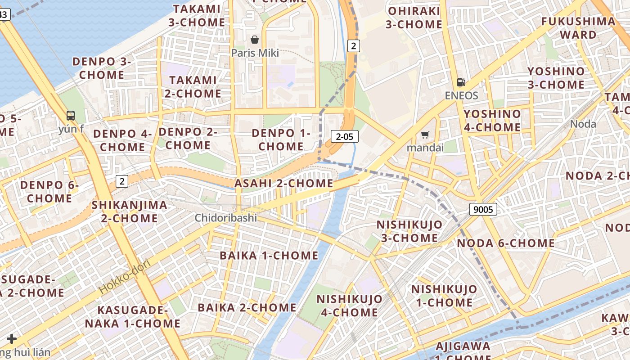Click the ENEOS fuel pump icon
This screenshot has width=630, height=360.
461,82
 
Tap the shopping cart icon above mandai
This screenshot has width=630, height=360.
425,135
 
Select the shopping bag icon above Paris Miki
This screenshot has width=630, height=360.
255,40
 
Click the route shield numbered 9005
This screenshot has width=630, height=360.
483,209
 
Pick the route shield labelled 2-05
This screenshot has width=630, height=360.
344,136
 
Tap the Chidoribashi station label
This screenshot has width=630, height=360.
225,218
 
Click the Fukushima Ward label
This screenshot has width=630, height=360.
578,28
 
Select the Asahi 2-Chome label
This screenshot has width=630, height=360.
283,183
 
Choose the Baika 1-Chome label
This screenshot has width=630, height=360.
269,256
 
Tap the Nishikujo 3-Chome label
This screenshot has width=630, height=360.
409,231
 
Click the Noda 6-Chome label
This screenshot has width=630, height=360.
506,243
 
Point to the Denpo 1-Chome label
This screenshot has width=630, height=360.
281,139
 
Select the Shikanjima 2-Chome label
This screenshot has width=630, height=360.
129,211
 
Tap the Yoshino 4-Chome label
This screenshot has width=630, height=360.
492,121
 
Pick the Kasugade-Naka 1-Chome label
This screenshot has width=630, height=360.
133,317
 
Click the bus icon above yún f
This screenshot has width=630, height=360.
71,115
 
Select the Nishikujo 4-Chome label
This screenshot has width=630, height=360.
349,306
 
